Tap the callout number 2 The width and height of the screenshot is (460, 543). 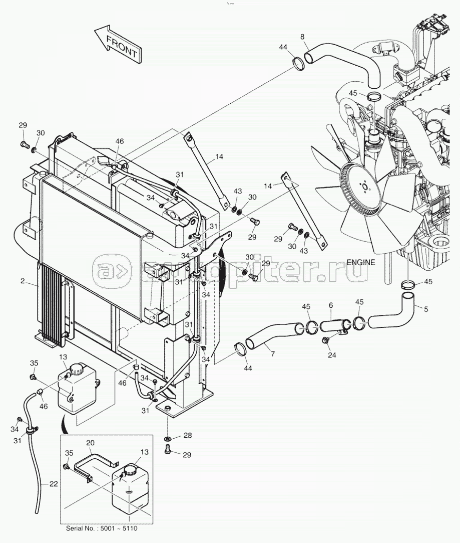click(x=23, y=281)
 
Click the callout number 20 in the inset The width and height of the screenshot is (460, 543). click(x=90, y=442)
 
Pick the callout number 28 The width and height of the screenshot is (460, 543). click(x=187, y=436)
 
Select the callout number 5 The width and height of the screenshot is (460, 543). click(x=426, y=309)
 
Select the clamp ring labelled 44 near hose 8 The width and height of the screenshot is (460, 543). click(x=298, y=64)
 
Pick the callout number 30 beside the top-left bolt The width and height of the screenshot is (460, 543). click(x=41, y=133)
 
